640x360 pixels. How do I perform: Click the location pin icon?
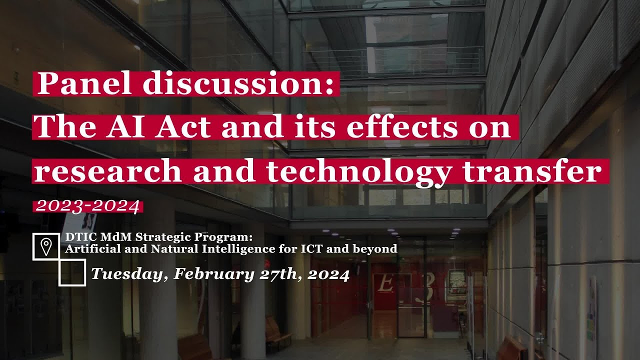point(46,246)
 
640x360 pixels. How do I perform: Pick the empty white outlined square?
point(72,272)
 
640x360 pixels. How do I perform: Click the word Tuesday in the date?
point(128,274)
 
